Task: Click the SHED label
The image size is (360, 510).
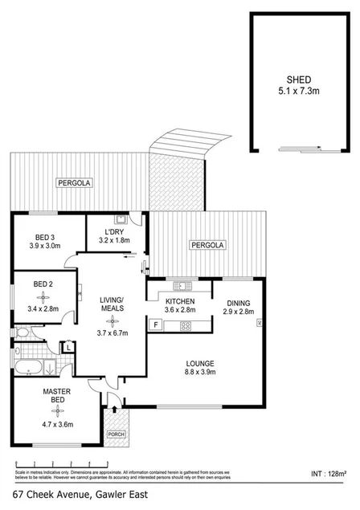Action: [x=300, y=80]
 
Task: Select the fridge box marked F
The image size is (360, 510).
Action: [x=154, y=324]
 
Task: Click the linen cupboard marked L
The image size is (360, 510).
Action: [x=70, y=346]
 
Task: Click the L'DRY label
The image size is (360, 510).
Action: [x=114, y=230]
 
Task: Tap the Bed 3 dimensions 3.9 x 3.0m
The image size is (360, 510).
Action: [x=44, y=246]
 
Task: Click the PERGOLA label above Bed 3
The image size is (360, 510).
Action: [x=74, y=184]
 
